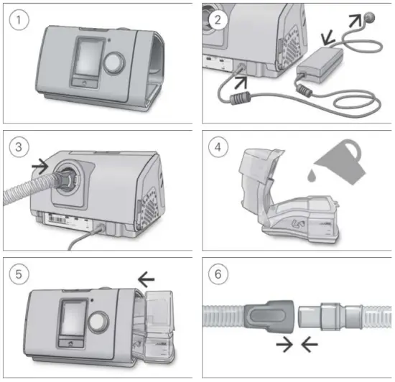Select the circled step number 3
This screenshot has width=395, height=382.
tap(19, 148)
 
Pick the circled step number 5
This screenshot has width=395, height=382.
tap(19, 276)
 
